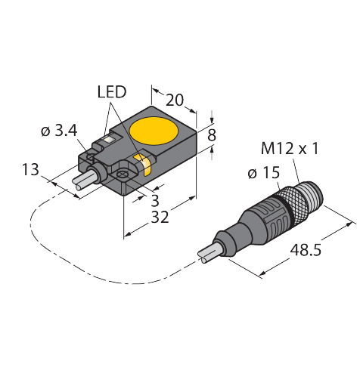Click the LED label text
tap(113, 93)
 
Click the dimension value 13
tap(32, 170)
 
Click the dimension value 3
tap(154, 200)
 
